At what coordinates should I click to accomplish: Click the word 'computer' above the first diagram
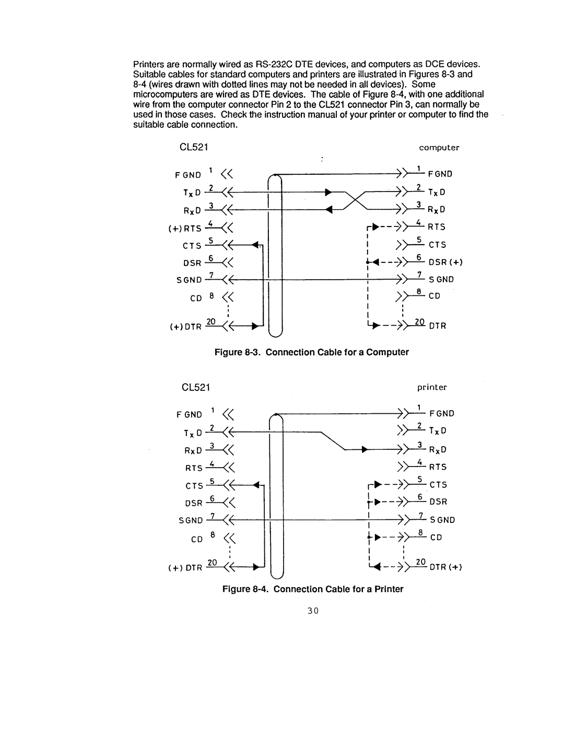point(439,148)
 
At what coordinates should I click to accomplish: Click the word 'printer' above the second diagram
point(432,387)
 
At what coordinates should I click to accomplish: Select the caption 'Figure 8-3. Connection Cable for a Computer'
point(312,352)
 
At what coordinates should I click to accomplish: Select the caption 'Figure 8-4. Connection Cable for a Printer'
point(313,589)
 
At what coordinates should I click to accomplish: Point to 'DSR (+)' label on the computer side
point(445,262)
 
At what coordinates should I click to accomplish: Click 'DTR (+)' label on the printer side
point(445,567)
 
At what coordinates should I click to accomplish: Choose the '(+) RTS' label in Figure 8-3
point(185,228)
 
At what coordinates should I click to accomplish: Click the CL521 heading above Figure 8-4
point(195,387)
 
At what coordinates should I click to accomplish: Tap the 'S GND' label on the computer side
point(441,280)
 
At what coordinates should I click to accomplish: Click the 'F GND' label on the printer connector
point(442,414)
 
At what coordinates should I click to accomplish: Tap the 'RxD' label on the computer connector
point(437,210)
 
